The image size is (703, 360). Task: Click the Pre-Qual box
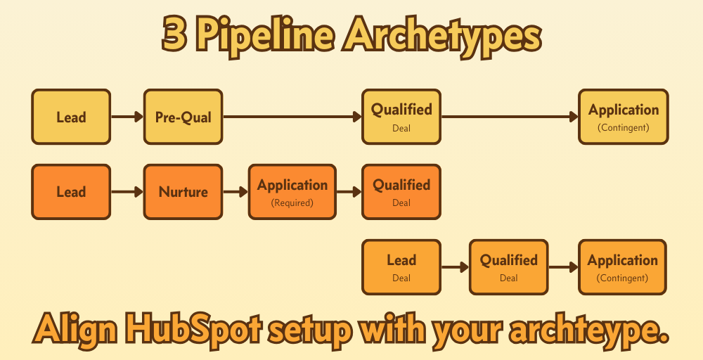183,117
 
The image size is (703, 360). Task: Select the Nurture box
183,191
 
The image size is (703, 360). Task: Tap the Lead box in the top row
71,117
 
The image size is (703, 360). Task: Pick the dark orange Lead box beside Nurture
71,191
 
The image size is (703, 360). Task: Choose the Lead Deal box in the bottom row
401,266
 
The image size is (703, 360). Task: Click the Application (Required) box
292,191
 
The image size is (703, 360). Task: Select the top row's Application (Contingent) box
623,117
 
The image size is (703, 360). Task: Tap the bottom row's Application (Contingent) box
622,266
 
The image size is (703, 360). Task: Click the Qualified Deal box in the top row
401,117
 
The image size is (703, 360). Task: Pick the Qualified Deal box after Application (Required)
401,191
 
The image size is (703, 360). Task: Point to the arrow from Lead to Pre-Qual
127,117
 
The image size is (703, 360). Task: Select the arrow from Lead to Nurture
127,191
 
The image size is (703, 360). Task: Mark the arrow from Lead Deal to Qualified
455,266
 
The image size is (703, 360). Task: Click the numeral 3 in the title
175,35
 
